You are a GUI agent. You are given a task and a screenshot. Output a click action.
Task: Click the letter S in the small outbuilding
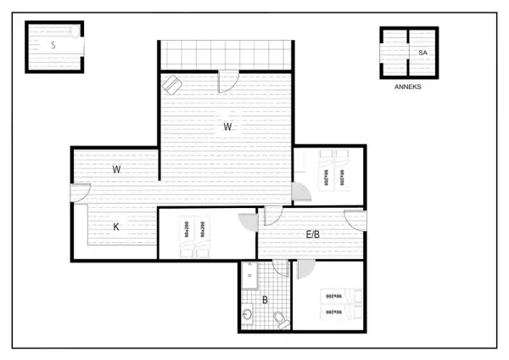tap(53, 45)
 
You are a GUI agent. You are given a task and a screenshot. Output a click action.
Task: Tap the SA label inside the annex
tap(422, 53)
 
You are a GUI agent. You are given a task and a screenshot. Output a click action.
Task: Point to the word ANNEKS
tap(408, 87)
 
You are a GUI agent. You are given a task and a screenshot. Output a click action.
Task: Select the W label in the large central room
tap(227, 127)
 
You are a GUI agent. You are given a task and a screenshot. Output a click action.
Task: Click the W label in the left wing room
tap(117, 169)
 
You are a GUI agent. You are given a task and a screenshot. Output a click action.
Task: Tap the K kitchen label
tap(117, 227)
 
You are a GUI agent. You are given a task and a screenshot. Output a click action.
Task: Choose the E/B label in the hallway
tap(312, 234)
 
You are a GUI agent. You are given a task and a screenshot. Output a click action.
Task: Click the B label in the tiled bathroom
tap(265, 299)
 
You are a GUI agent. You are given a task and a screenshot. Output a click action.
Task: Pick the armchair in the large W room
tap(172, 84)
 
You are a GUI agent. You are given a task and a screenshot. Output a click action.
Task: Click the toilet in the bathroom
tap(280, 319)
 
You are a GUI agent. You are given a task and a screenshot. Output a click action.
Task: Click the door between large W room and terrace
tap(228, 82)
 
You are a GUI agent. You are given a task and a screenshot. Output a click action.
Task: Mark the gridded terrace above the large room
tap(227, 55)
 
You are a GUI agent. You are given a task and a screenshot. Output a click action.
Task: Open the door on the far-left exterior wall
tap(80, 193)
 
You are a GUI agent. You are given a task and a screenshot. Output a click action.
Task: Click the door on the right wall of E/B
tap(355, 221)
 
